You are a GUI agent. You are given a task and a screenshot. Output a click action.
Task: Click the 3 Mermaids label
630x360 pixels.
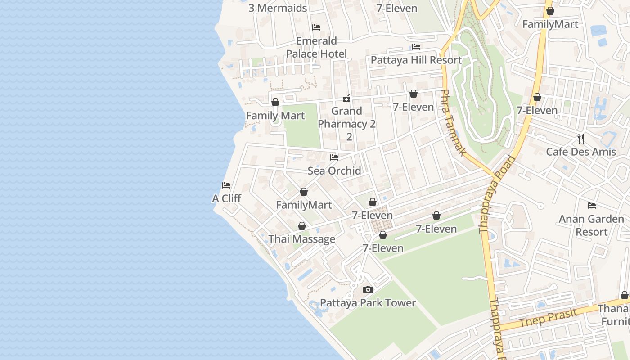pos(278,8)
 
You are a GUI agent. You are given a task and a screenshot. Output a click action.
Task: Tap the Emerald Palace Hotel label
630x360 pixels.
pos(316,47)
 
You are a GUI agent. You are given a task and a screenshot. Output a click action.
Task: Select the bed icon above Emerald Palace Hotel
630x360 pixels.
pos(316,27)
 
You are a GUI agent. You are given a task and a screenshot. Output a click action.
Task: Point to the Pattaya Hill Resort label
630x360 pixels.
pos(416,60)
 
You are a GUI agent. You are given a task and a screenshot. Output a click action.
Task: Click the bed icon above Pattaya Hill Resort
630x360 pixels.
pos(416,47)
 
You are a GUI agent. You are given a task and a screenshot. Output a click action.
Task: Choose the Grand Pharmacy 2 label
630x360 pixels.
pos(347,117)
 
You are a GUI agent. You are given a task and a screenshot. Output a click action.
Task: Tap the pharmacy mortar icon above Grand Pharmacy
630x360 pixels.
pos(346,98)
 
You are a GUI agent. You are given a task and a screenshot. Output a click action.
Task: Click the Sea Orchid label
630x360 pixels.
pos(334,171)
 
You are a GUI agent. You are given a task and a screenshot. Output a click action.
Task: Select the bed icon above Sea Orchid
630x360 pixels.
pos(334,157)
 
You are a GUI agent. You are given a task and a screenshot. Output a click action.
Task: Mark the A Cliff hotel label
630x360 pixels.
pos(226,198)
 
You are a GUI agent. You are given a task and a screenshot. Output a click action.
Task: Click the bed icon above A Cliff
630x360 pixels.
pos(226,185)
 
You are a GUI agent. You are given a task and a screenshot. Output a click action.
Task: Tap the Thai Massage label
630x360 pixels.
pos(301,239)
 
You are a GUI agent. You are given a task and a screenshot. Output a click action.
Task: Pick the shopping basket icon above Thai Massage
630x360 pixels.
pos(302,226)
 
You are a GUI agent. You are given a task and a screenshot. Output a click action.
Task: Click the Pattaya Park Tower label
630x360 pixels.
pos(368,303)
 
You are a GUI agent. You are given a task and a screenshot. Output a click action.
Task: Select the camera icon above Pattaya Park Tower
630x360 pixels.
pos(368,289)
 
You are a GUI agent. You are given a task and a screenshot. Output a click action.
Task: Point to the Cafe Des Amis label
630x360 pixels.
pos(580,152)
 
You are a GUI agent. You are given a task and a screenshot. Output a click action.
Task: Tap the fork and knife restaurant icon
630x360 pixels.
pos(581,138)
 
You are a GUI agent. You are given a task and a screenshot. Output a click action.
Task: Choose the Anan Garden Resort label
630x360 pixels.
pos(591,225)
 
